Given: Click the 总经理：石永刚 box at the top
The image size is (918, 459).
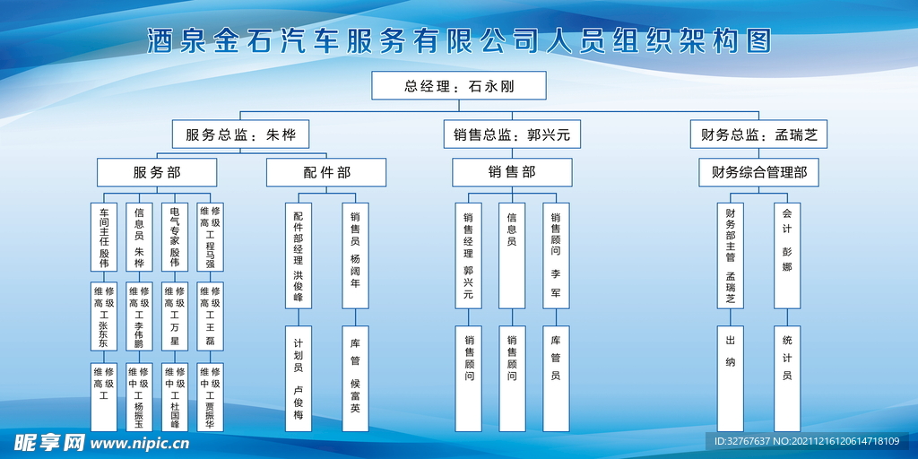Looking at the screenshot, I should coord(459,86).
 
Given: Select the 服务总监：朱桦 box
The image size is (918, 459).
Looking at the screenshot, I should coord(234,135).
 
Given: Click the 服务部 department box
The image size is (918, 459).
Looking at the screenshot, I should coord(157,172).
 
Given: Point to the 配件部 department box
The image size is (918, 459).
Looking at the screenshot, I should coord(326,172).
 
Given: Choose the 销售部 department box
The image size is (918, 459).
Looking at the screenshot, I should coord(512,172).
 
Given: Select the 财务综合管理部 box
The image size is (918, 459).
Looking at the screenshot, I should coord(758,172).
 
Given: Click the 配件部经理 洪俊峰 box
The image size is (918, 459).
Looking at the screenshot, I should coord(299,255).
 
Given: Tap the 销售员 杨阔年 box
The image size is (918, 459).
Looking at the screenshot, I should coord(355,255).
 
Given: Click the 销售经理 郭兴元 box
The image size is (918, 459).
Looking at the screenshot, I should coord(468,255).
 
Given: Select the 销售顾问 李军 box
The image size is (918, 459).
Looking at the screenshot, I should coord(556,255).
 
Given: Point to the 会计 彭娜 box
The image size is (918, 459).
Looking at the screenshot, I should coord(787,255).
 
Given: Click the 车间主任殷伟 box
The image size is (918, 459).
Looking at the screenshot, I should coord(104,237).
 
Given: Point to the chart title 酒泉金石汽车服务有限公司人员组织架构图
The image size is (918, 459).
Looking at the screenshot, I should coord(459,41).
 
